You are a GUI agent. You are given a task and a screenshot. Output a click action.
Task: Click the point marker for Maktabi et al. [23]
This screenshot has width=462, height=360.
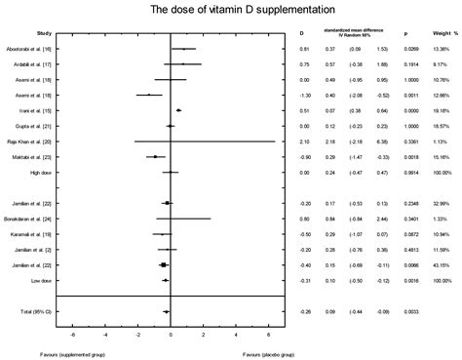click(x=155, y=156)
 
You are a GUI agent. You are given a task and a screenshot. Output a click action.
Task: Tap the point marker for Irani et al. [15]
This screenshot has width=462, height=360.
click(x=178, y=110)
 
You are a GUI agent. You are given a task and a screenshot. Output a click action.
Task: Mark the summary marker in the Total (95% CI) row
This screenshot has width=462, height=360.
click(x=167, y=311)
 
